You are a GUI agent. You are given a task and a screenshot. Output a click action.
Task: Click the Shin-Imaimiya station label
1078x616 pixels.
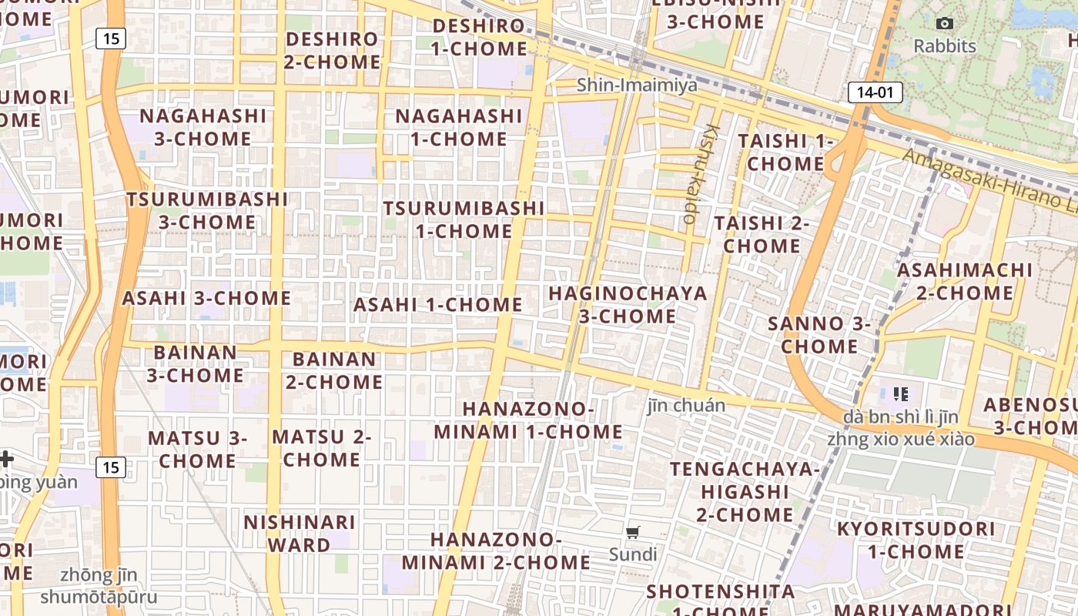(638, 85)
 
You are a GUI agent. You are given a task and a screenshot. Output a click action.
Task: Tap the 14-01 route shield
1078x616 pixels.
(875, 93)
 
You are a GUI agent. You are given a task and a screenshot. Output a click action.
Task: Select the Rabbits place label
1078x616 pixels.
(945, 46)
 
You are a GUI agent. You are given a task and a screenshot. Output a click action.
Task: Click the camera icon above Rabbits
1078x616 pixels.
(945, 24)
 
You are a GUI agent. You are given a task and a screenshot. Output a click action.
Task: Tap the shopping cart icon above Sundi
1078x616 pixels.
(633, 532)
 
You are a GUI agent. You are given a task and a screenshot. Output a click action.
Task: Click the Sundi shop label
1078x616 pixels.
(633, 554)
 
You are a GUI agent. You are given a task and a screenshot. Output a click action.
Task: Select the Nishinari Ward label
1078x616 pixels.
(300, 534)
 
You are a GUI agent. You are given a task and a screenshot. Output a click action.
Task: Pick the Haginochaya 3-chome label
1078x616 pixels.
(628, 305)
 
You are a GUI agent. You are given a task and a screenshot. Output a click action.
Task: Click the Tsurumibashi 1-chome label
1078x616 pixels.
(464, 219)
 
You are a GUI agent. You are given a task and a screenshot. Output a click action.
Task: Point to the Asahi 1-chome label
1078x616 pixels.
(437, 305)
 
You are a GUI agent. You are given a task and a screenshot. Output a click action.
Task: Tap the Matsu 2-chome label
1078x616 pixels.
(322, 448)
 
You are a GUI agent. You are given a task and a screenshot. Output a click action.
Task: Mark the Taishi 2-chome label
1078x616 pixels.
(762, 235)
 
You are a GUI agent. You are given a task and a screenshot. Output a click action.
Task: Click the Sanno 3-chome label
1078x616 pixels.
(819, 335)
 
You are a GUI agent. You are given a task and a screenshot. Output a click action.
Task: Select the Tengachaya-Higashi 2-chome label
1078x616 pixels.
(745, 492)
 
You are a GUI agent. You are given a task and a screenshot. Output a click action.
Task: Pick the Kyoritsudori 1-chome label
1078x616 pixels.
(916, 541)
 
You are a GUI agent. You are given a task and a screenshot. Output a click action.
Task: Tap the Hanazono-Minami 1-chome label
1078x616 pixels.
(528, 420)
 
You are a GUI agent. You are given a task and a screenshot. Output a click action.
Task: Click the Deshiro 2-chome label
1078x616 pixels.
(332, 51)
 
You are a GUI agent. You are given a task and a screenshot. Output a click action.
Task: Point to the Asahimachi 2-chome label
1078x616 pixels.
(965, 282)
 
